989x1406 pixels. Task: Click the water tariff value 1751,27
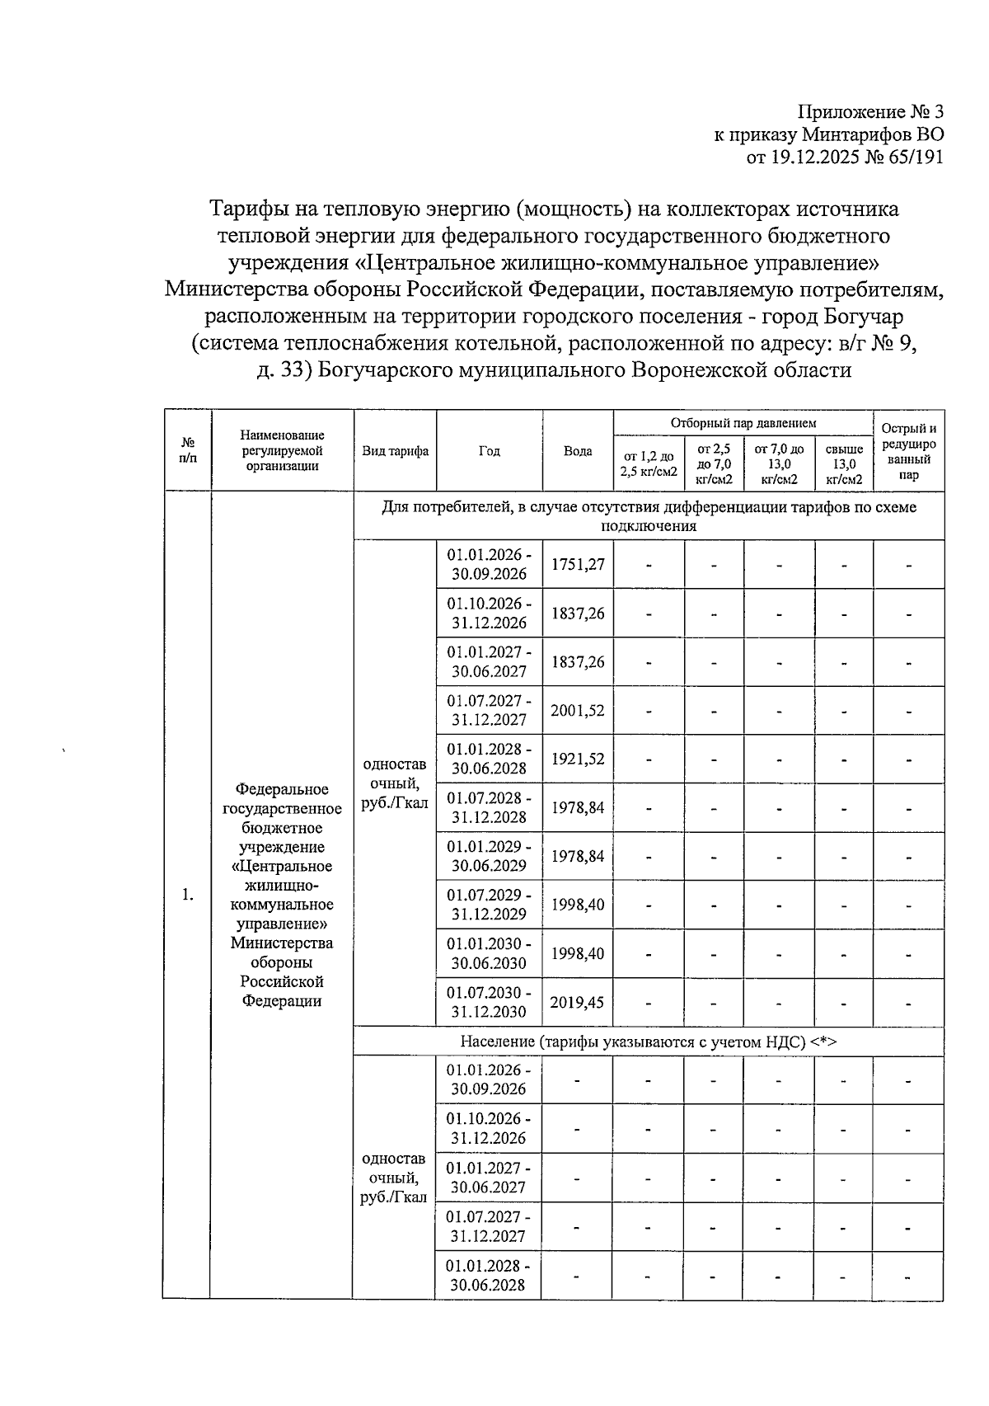click(578, 564)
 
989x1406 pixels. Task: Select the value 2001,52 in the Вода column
click(578, 710)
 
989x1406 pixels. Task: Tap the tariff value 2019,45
click(577, 1002)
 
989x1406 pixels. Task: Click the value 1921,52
click(578, 759)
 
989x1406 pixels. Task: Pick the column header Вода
click(578, 451)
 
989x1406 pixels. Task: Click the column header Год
click(489, 451)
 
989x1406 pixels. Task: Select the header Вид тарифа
click(396, 451)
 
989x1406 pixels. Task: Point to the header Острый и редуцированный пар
click(908, 451)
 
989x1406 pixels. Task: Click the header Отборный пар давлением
click(743, 423)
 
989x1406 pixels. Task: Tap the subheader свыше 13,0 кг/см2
click(844, 463)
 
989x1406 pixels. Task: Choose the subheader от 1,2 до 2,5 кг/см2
click(649, 463)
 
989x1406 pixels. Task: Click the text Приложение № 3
click(871, 112)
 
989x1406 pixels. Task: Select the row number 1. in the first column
click(188, 895)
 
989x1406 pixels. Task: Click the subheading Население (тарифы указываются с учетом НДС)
click(648, 1042)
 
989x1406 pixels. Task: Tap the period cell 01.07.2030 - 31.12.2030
click(489, 1002)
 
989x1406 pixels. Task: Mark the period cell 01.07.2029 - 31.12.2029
click(489, 905)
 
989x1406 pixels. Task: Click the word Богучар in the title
click(862, 317)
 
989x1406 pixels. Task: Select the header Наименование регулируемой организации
click(283, 451)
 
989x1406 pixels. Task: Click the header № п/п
click(188, 451)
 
